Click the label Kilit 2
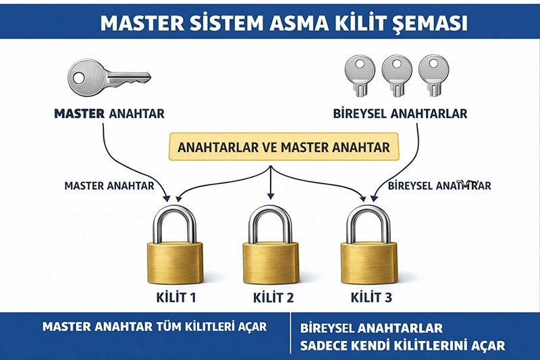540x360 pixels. click(271, 297)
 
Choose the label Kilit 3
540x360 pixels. click(369, 297)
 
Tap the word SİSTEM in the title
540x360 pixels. click(211, 23)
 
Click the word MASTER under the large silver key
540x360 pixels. click(78, 112)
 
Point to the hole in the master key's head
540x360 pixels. click(80, 77)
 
